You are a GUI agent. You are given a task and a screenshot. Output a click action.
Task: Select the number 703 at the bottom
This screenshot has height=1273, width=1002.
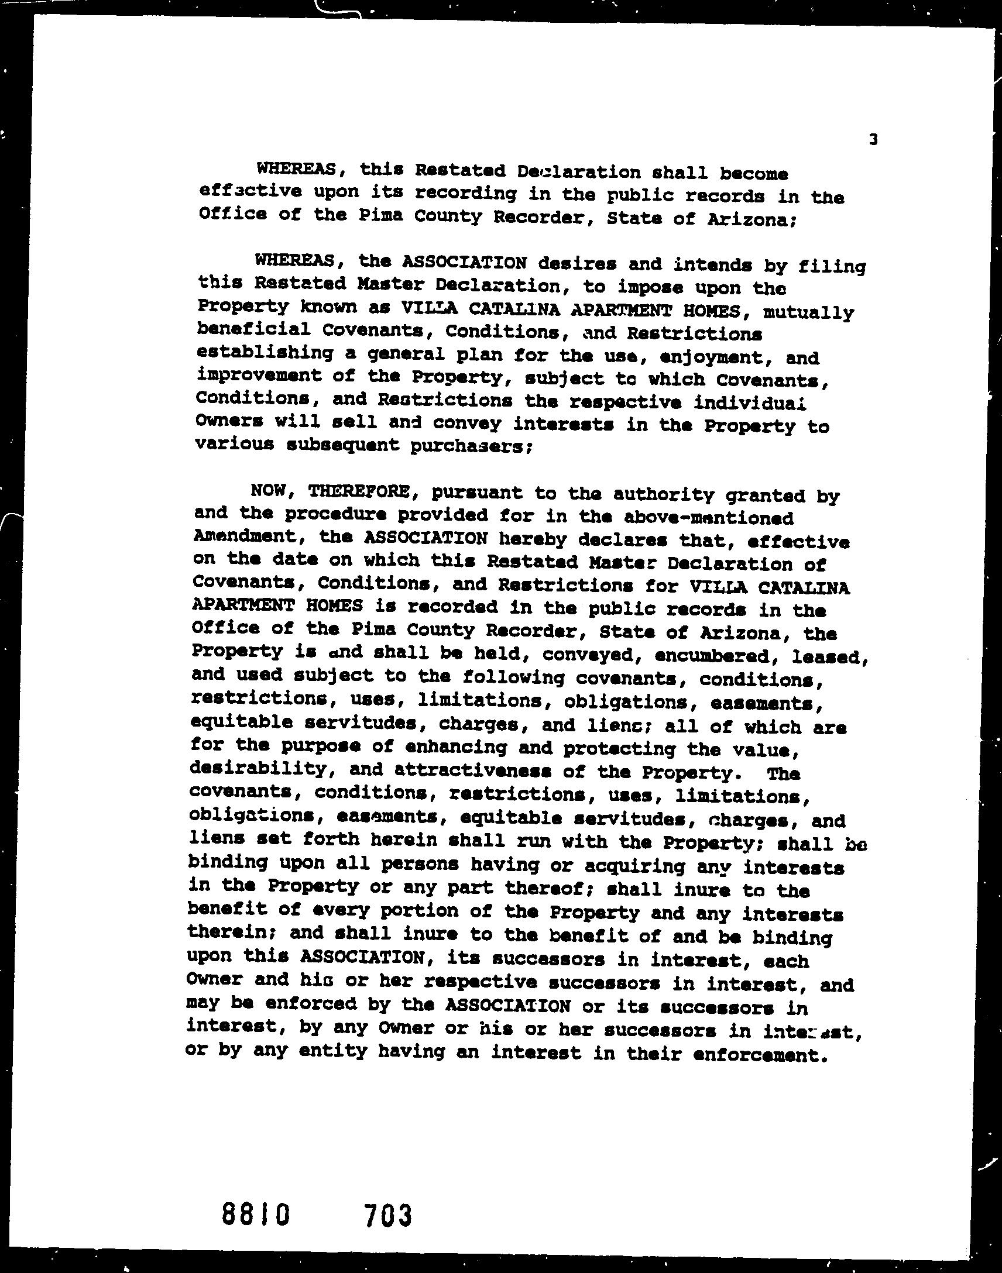[388, 1215]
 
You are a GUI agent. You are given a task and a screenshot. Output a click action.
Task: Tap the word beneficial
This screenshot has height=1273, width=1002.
[253, 329]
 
